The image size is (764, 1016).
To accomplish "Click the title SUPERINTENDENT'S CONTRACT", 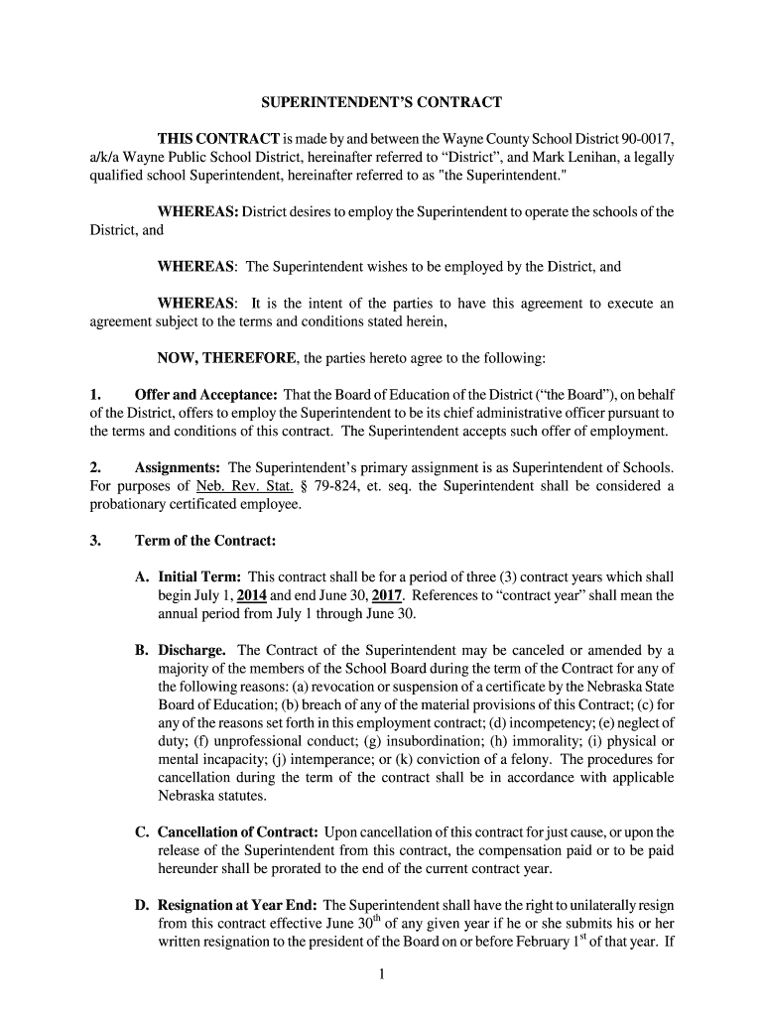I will click(381, 101).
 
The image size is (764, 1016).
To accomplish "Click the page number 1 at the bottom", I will click(381, 976).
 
